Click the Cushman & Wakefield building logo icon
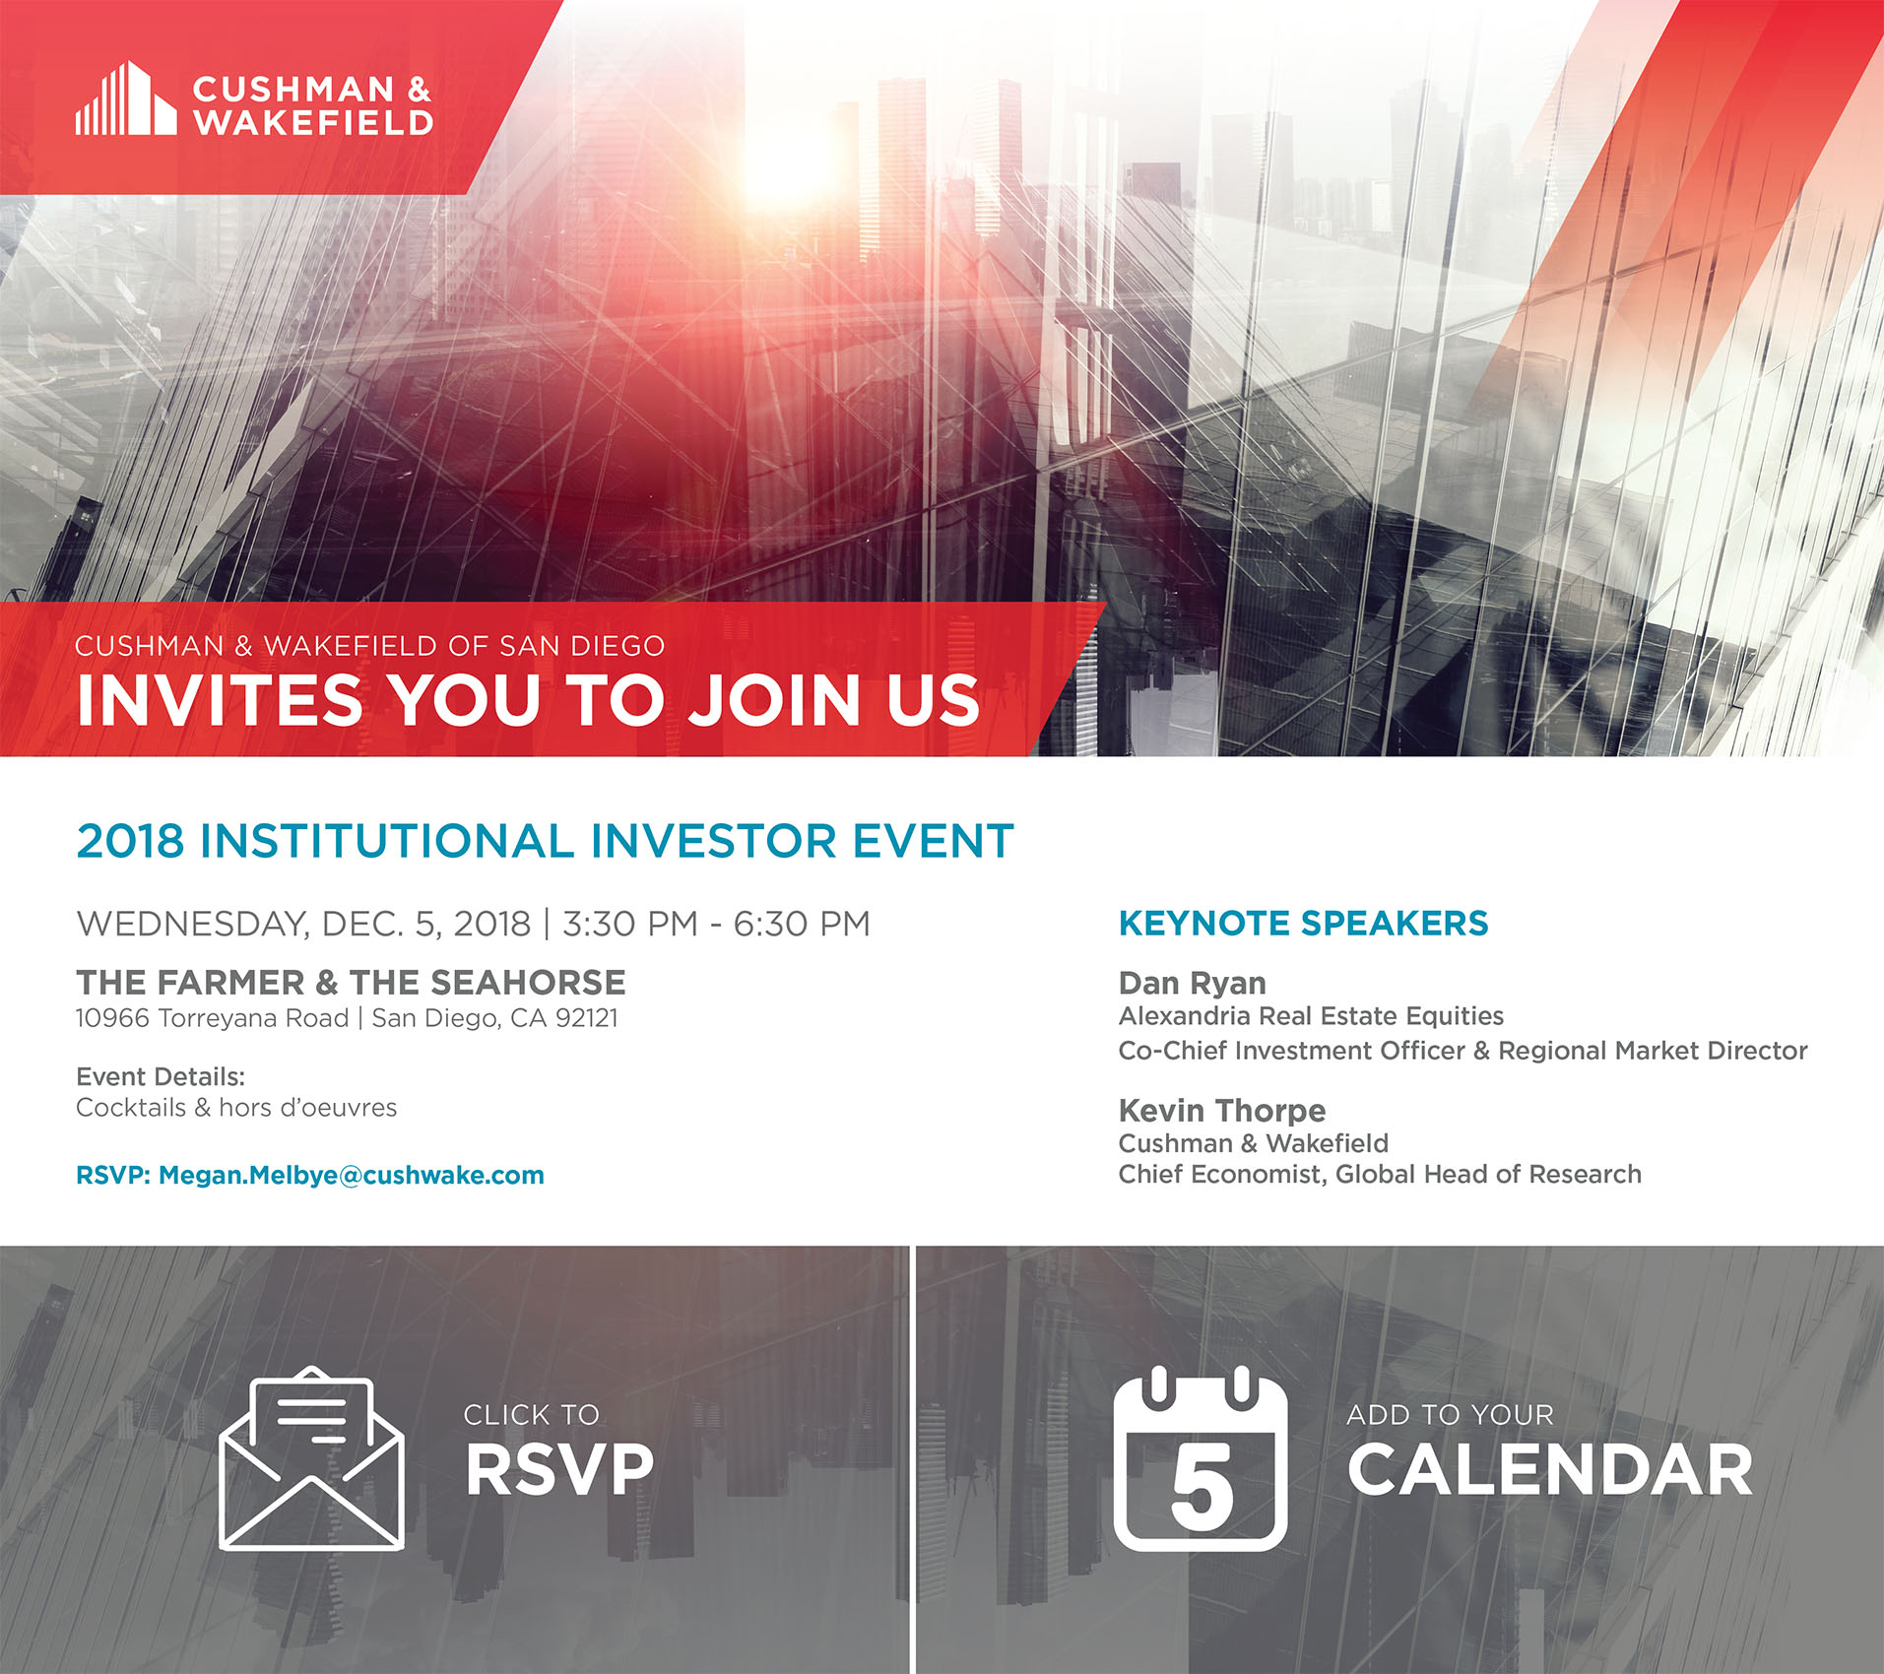pyautogui.click(x=126, y=97)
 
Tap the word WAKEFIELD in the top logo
pyautogui.click(x=313, y=122)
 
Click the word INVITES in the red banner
pyautogui.click(x=220, y=700)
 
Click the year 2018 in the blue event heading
pyautogui.click(x=130, y=841)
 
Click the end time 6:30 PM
pyautogui.click(x=802, y=924)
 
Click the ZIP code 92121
pyautogui.click(x=587, y=1018)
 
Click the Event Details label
pyautogui.click(x=161, y=1076)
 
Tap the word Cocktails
pyautogui.click(x=131, y=1108)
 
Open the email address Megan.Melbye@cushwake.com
pyautogui.click(x=352, y=1176)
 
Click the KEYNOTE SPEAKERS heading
pyautogui.click(x=1303, y=924)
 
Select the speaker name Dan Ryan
pyautogui.click(x=1192, y=984)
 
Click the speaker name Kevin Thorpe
pyautogui.click(x=1222, y=1111)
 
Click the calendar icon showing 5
pyautogui.click(x=1201, y=1457)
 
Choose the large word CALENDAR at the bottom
pyautogui.click(x=1550, y=1470)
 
